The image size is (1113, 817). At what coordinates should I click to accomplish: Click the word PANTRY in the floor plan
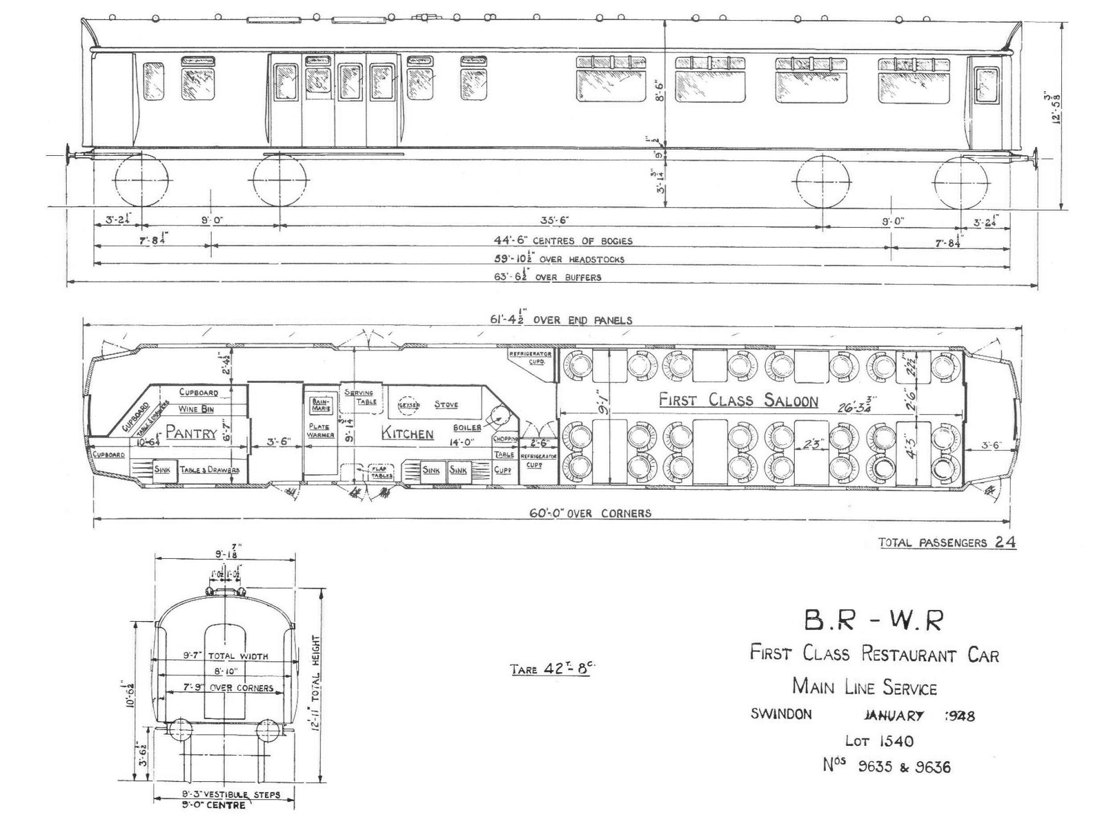coord(191,432)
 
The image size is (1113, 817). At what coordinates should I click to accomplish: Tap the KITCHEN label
coord(407,434)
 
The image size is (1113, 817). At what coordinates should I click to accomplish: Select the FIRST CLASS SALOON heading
coord(738,400)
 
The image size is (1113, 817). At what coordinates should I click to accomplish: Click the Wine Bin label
coord(196,409)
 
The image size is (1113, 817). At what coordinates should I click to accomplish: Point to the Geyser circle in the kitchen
coord(408,405)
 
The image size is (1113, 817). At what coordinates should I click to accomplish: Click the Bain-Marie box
coord(321,405)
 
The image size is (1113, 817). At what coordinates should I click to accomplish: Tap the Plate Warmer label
coord(319,431)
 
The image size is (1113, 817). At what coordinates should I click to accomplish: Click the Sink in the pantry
coord(162,469)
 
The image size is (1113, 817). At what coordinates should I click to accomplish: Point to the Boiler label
coord(467,427)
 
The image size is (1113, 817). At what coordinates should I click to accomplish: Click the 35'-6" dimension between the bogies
coord(554,220)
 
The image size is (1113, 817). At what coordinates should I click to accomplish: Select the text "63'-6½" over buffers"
coord(548,277)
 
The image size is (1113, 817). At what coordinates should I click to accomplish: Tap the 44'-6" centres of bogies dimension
coord(563,241)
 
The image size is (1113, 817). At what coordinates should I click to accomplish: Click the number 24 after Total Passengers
coord(1005,542)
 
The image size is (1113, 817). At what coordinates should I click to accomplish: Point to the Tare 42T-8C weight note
coord(549,669)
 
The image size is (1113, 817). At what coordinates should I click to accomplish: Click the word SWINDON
coord(781,714)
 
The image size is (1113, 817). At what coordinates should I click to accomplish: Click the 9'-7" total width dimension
coord(225,656)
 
